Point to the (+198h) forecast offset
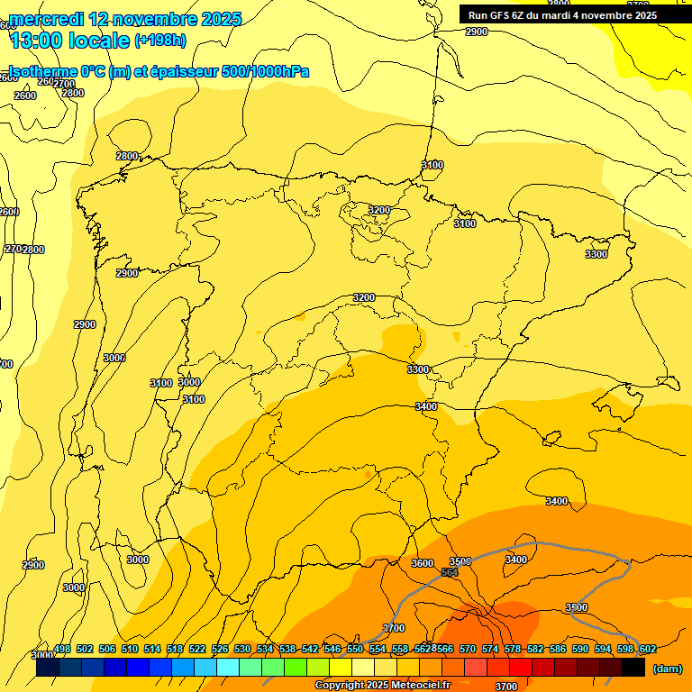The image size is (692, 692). click(159, 41)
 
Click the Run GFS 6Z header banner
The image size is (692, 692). click(562, 15)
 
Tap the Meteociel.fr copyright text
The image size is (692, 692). click(382, 685)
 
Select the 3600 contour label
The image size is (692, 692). click(422, 563)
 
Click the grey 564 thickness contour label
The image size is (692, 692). click(450, 573)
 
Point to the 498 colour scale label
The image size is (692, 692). click(62, 649)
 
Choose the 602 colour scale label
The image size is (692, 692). click(648, 649)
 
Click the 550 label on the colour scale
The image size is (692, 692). click(355, 649)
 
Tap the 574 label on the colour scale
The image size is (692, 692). click(490, 649)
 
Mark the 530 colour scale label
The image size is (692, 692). click(242, 649)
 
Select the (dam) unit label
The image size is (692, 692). click(668, 668)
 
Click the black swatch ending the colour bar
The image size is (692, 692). click(633, 668)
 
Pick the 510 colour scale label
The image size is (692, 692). click(130, 649)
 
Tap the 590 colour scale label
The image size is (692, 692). click(580, 649)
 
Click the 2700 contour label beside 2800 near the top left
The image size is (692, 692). click(64, 84)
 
